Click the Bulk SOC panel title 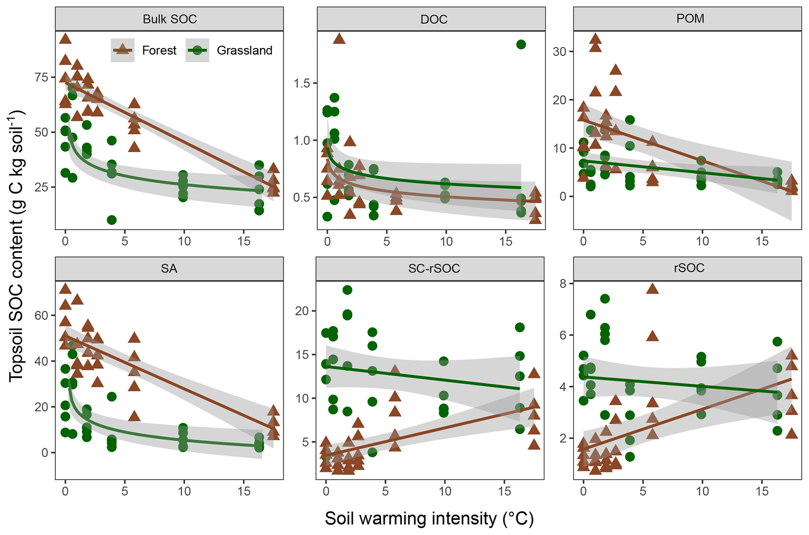point(169,19)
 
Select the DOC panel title point(434,20)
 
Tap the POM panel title point(690,19)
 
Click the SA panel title point(169,269)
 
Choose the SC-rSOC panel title point(434,269)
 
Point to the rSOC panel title point(689,268)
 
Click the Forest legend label point(159,50)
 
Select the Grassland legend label point(244,50)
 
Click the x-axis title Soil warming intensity point(429,519)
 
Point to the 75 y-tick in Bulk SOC point(41,77)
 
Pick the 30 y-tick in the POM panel point(560,51)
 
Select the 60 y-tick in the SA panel point(41,315)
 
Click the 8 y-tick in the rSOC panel point(563,283)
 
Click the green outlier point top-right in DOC point(521,45)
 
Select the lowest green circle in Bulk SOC point(112,220)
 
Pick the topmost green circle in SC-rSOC point(347,290)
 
